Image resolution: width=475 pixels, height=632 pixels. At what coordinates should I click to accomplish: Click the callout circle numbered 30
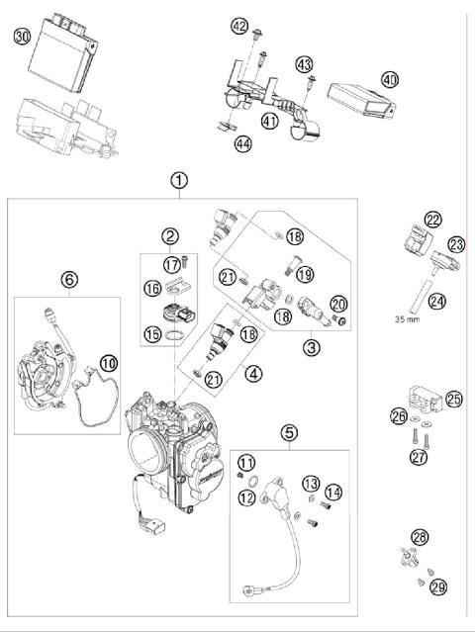tap(23, 38)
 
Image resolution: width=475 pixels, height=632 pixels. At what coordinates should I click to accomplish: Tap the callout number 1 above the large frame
tap(177, 180)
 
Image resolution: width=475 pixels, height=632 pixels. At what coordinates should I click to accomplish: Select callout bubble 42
tap(239, 25)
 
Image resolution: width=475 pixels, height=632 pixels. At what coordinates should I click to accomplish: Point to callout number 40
tap(389, 79)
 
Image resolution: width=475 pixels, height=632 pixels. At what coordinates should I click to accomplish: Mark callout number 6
tap(67, 280)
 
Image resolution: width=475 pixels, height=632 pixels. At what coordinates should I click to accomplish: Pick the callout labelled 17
tap(172, 264)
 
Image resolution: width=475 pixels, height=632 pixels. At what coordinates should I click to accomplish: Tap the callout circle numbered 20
tap(339, 305)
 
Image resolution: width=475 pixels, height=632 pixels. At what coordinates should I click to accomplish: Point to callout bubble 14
tap(332, 491)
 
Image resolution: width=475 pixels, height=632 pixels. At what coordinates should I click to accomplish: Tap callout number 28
tap(421, 537)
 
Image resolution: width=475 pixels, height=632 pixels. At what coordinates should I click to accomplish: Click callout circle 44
tap(242, 144)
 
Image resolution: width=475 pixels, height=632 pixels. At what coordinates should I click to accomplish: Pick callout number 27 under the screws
tap(419, 457)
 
